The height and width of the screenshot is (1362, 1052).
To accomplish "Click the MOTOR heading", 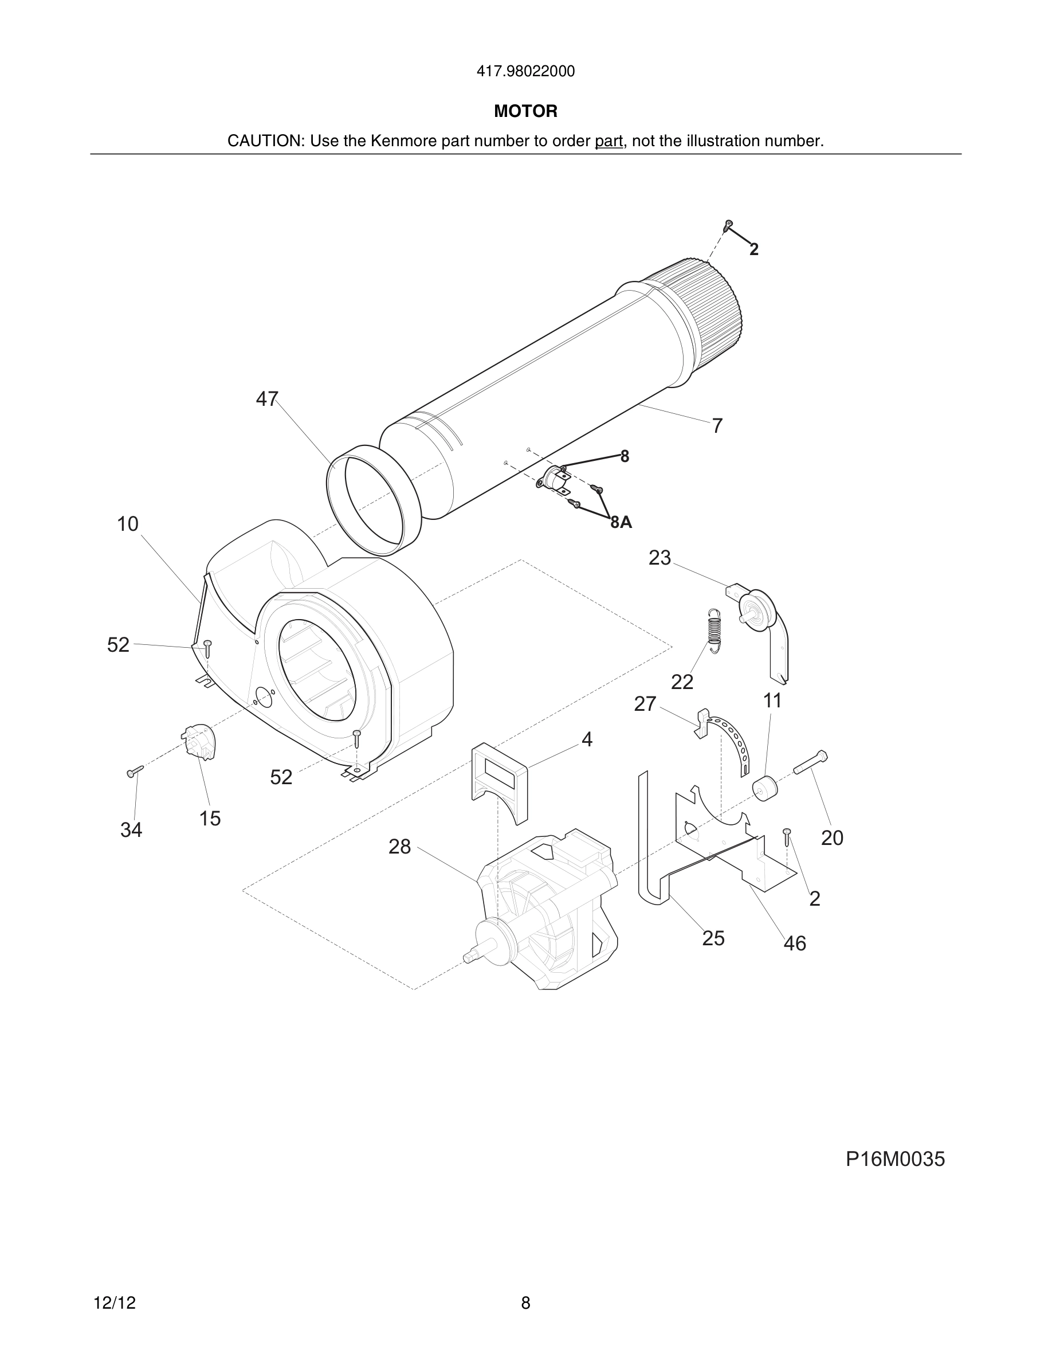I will [525, 112].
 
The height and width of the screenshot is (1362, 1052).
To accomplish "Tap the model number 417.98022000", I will [525, 72].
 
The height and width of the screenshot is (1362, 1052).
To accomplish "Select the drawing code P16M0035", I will [894, 1159].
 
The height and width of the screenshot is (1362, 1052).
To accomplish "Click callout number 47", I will [267, 399].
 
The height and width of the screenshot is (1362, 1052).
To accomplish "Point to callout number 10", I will [128, 524].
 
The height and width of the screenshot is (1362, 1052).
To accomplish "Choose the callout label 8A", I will [621, 523].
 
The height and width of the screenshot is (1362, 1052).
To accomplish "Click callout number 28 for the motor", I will [399, 846].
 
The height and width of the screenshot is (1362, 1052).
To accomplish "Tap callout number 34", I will [131, 830].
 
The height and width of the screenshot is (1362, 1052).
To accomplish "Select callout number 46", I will [795, 944].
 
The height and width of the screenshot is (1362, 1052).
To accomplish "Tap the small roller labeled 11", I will [765, 789].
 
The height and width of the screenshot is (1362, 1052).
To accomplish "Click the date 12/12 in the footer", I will [114, 1303].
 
